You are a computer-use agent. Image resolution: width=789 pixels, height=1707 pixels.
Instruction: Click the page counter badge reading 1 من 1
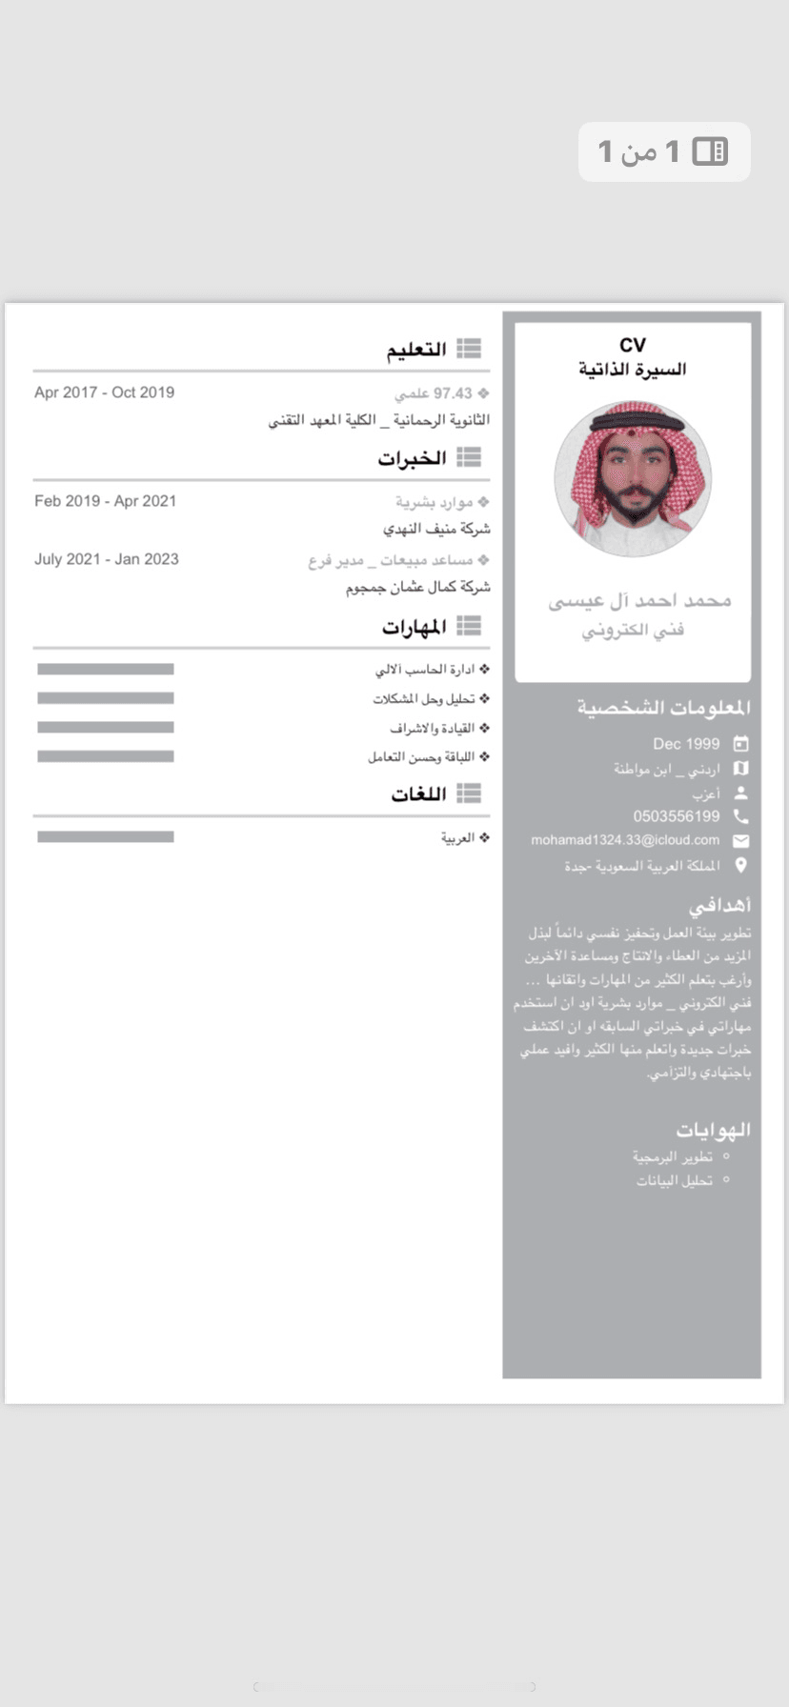tap(664, 151)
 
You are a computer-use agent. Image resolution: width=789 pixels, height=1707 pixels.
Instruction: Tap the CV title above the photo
tap(632, 345)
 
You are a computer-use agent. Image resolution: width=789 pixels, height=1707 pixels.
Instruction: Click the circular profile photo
tap(633, 478)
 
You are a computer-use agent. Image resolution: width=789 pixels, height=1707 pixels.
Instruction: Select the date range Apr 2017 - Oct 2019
tap(104, 392)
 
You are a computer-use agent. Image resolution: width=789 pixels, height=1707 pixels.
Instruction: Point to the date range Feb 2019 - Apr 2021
tap(105, 501)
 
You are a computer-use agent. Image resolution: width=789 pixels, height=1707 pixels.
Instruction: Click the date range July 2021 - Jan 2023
tap(107, 559)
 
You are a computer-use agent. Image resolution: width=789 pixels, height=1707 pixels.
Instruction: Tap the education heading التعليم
tap(416, 350)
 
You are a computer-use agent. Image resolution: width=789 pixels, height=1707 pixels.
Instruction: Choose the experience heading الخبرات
tap(412, 458)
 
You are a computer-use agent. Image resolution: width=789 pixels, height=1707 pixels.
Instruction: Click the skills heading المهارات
tap(415, 627)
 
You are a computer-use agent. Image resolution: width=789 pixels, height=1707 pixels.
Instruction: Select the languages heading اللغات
tap(418, 793)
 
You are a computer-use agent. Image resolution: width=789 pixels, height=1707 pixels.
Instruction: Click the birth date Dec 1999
tap(686, 744)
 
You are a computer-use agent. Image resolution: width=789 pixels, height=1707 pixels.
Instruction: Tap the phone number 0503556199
tap(677, 816)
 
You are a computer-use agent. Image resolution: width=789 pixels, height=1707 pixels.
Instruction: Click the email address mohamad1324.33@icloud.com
tap(625, 840)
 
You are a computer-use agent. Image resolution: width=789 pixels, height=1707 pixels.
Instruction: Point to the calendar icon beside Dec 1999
tap(740, 744)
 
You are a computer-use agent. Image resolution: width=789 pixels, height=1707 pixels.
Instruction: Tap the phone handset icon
tap(740, 816)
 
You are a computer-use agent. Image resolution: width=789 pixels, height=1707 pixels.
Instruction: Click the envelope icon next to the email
tap(740, 841)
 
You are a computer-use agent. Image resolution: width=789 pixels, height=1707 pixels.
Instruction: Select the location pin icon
tap(740, 866)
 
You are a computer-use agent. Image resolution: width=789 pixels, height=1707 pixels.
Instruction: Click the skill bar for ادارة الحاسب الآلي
tap(106, 670)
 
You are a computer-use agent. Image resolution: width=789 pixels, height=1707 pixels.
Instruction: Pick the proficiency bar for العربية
tap(106, 837)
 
